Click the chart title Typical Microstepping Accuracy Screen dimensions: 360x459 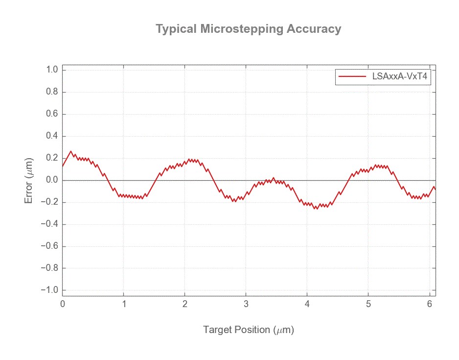pos(248,29)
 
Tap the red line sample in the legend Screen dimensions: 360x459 pos(352,76)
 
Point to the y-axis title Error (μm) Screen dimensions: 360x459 pos(29,180)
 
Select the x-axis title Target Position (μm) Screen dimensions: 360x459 pos(248,330)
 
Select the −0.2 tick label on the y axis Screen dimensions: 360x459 pos(51,202)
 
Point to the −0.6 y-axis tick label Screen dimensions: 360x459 pos(51,246)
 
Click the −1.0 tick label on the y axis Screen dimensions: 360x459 pos(51,290)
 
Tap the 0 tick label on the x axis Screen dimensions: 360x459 pos(63,304)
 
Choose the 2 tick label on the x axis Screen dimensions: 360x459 pos(185,304)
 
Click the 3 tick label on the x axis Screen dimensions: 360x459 pos(246,304)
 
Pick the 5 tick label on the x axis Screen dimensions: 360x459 pos(368,304)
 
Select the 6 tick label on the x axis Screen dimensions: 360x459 pos(430,304)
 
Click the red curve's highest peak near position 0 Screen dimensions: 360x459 pos(71,151)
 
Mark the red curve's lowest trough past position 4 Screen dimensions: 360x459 pos(316,209)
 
